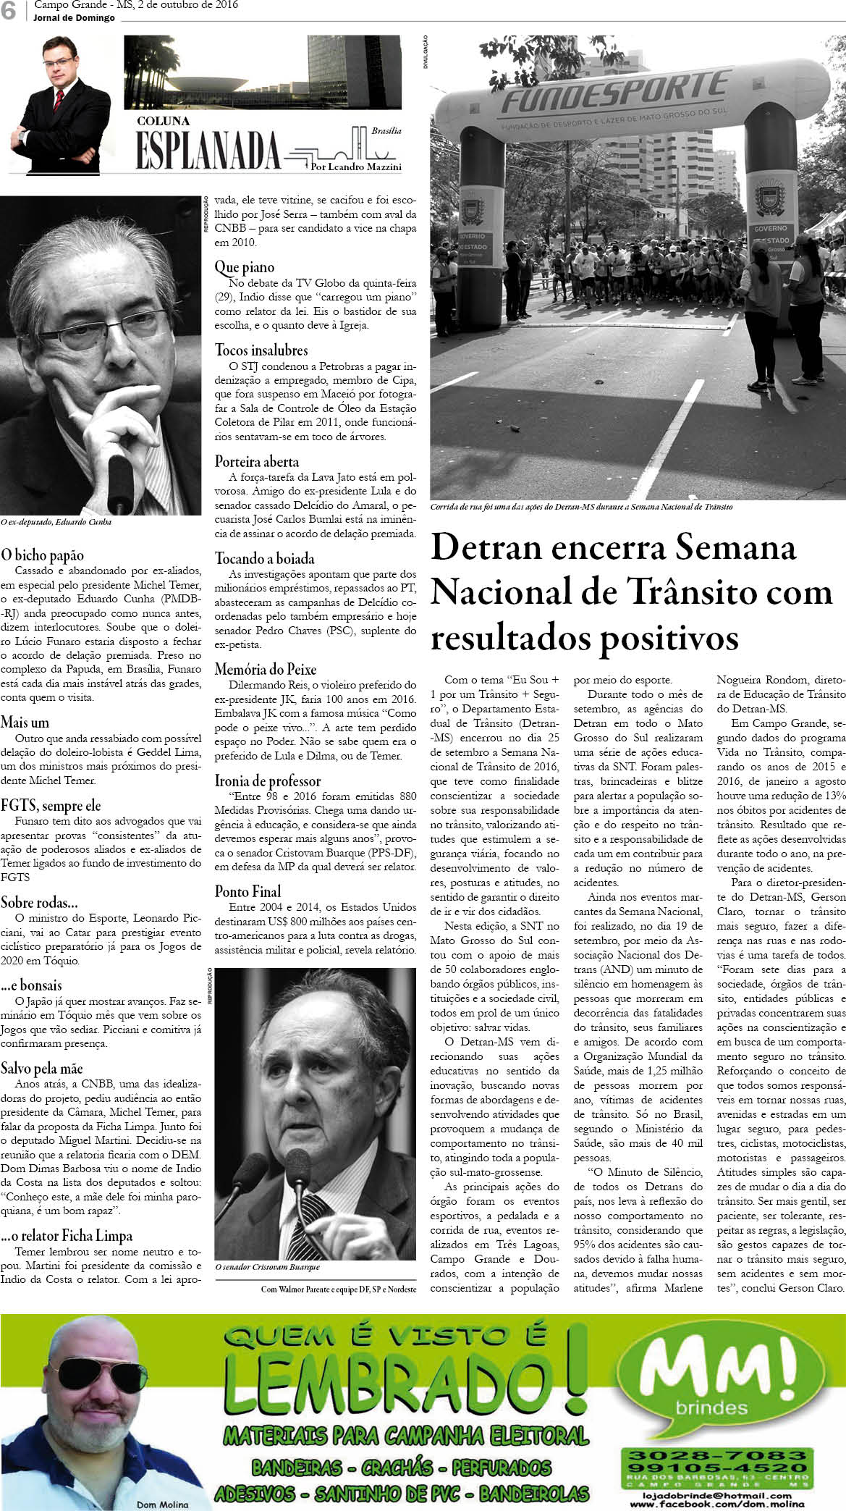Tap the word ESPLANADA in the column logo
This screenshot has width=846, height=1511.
click(208, 151)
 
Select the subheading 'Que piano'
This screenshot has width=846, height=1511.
click(245, 267)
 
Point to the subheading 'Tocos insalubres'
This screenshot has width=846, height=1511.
click(261, 350)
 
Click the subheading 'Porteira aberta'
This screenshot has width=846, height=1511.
click(257, 461)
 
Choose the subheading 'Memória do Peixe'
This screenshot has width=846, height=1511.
click(266, 668)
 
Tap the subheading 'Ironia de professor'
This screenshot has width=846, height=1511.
click(268, 780)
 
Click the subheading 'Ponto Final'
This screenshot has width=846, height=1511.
click(248, 891)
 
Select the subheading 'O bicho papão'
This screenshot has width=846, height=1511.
click(43, 555)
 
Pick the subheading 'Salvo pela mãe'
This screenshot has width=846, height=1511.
click(42, 1068)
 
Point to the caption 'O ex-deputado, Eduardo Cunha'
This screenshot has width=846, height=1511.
click(56, 522)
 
